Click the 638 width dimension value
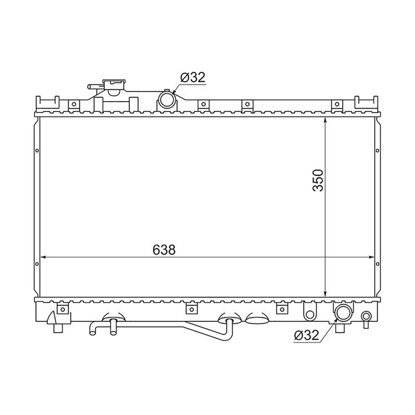click(x=164, y=250)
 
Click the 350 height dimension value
click(x=318, y=180)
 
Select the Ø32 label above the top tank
click(x=193, y=77)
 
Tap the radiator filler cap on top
click(x=114, y=85)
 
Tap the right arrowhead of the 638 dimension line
click(x=371, y=257)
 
